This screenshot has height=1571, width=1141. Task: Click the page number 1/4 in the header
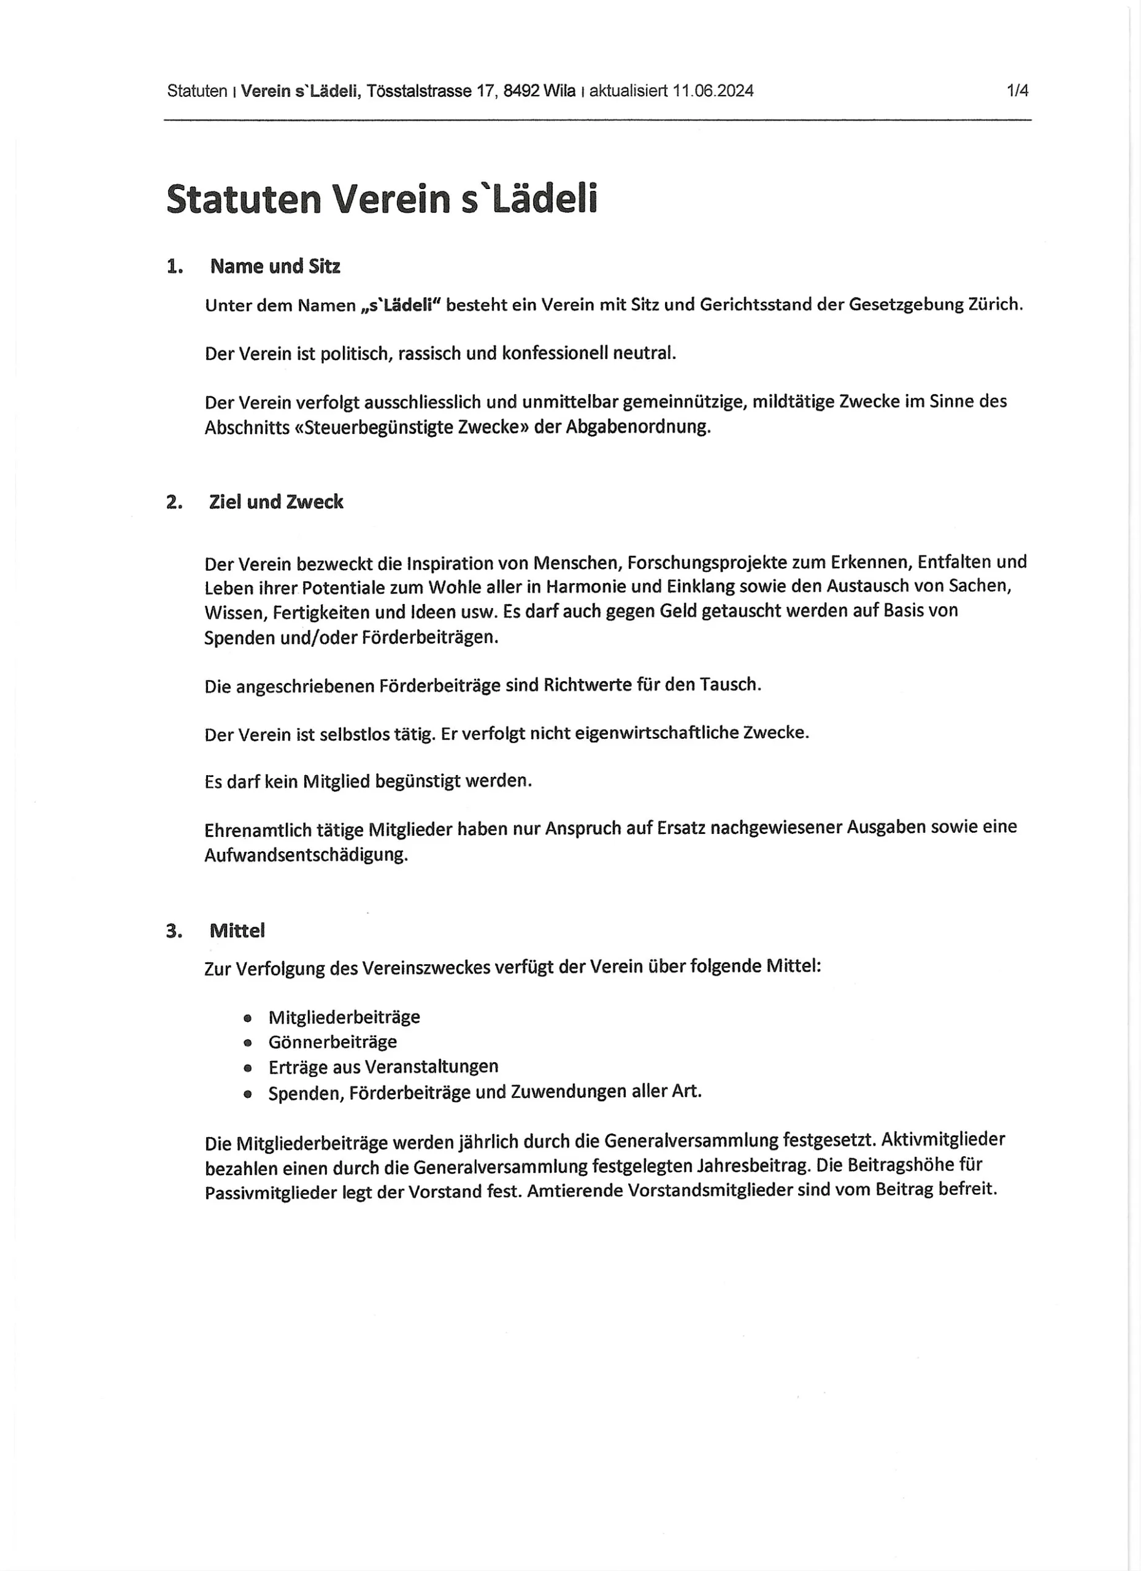(1017, 91)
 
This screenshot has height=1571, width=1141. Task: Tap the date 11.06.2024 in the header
(712, 91)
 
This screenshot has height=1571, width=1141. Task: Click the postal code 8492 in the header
(521, 91)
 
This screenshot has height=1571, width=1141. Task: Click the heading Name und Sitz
(275, 267)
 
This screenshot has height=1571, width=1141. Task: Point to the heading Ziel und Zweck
(275, 502)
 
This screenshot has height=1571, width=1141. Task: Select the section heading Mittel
(237, 931)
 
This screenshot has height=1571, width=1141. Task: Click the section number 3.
(174, 931)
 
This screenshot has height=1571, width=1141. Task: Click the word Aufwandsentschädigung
(306, 855)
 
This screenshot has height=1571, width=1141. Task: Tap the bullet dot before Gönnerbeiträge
(247, 1043)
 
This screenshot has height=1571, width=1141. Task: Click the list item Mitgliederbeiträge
(344, 1017)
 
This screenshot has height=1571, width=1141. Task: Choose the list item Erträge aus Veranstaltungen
(383, 1067)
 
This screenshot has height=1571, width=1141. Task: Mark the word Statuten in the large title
(244, 199)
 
